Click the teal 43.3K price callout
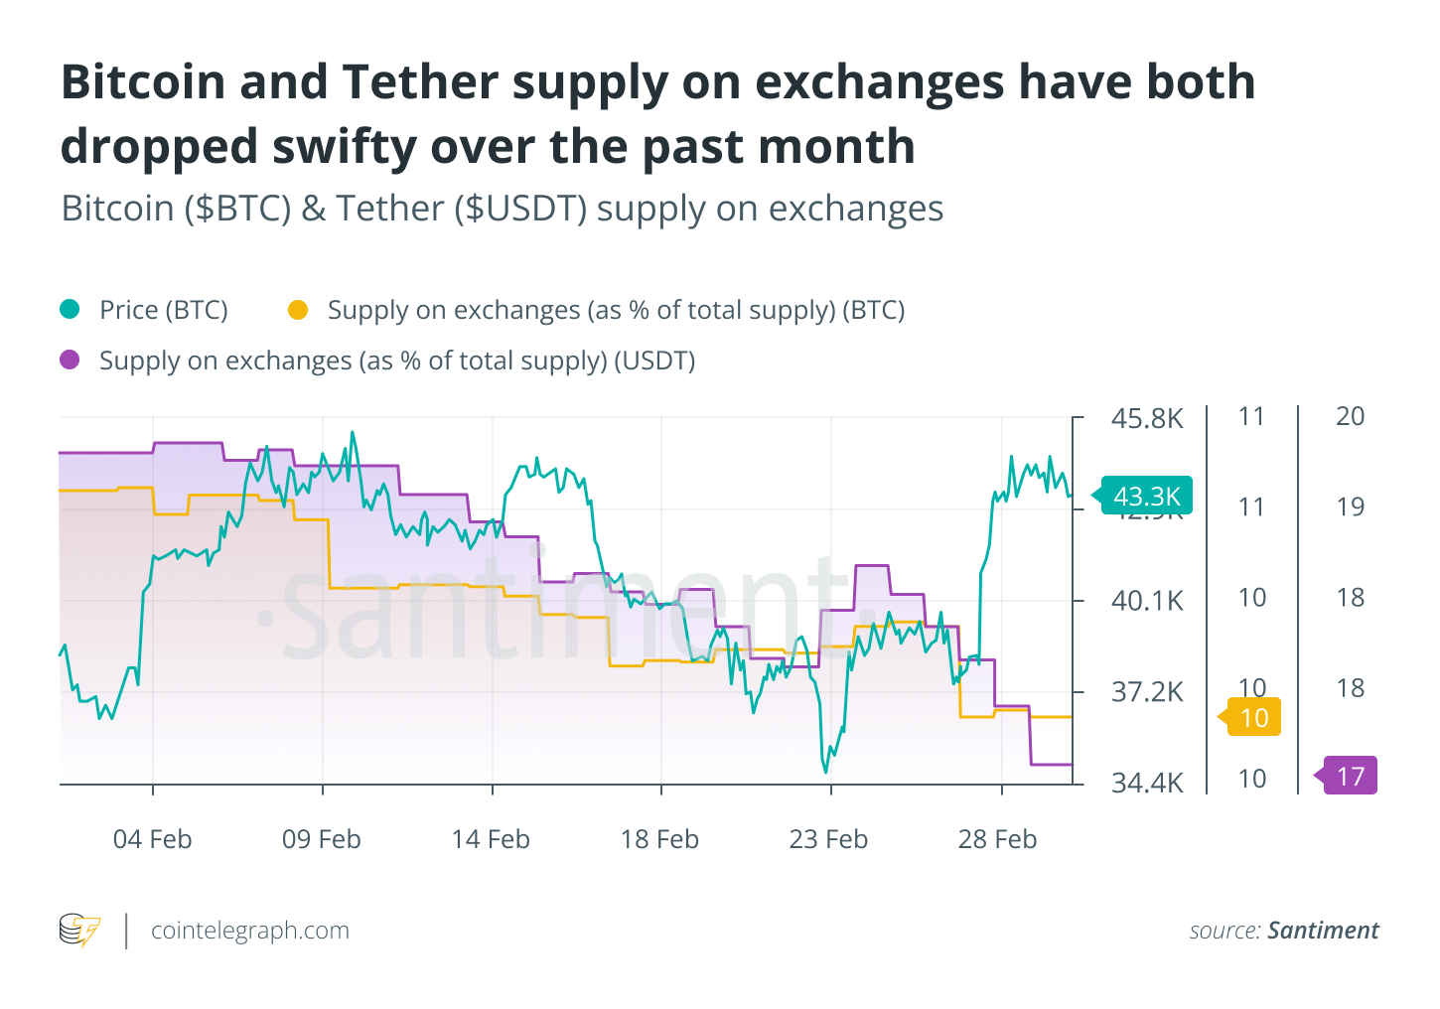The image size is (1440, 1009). pos(1147,496)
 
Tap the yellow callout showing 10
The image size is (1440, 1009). pos(1253,717)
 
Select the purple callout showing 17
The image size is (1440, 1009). pos(1350,776)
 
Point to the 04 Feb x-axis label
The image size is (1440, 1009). pos(152,839)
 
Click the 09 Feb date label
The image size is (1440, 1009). pos(322,839)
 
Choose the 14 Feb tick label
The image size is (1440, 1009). pos(491,839)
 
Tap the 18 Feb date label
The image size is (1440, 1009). pos(659,839)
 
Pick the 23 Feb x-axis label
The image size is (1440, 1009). pos(828,839)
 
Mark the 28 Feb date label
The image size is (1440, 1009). pos(997,839)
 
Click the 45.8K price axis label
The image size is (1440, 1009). pos(1147,418)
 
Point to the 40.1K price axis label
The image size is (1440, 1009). pos(1147,600)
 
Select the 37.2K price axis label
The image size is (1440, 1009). pos(1147,691)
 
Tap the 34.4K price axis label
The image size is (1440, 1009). pos(1147,783)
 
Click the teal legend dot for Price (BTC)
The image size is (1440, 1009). pos(70,310)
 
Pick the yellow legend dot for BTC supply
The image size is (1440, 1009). pos(297,310)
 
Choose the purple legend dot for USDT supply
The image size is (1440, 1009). pos(70,360)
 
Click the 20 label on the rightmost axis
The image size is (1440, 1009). pos(1350,416)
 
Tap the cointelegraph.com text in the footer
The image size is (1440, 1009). pos(250,931)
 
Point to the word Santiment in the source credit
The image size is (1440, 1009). pos(1323,931)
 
